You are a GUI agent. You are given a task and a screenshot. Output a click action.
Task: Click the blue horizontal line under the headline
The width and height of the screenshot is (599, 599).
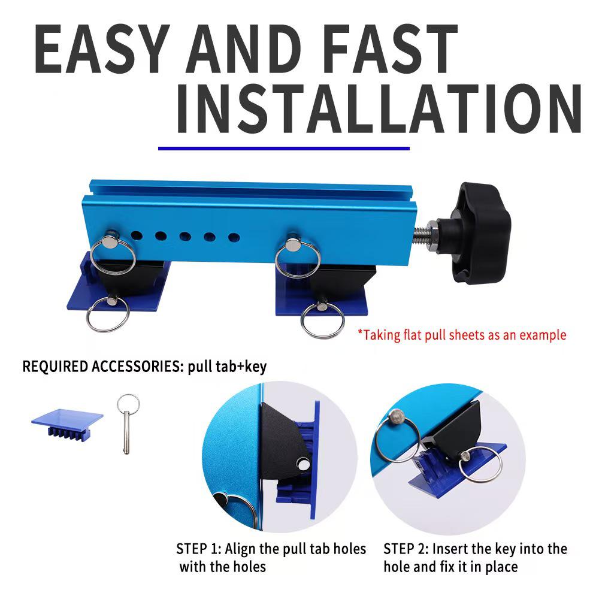[x=283, y=148]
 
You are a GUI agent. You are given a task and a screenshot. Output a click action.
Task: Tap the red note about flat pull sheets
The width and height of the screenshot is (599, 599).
[x=461, y=335]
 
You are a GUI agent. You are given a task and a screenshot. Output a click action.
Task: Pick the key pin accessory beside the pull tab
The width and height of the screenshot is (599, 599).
[x=127, y=422]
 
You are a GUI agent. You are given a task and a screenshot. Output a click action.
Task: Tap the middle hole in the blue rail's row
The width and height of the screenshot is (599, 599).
[x=184, y=236]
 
